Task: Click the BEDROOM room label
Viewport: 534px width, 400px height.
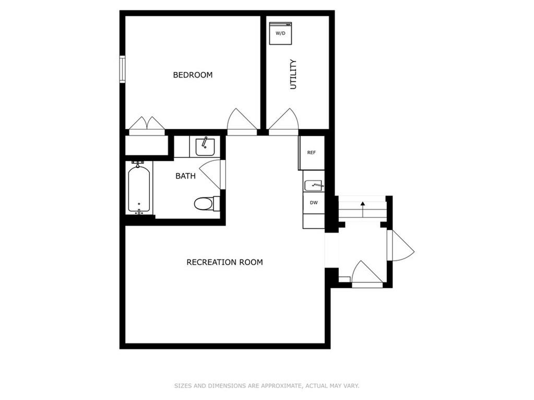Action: point(193,75)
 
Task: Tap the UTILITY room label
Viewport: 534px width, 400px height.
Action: point(293,75)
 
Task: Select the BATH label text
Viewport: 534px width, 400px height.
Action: point(186,176)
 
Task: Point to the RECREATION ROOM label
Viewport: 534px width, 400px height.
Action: point(225,262)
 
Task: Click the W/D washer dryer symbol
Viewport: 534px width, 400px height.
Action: point(281,33)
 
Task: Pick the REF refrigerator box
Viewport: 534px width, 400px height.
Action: point(312,153)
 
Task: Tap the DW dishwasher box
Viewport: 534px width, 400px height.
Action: point(314,203)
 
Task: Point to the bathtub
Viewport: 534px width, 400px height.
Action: point(139,188)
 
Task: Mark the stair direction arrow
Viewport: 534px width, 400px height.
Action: point(363,210)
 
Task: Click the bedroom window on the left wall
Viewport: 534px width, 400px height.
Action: point(122,69)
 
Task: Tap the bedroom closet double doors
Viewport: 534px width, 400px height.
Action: point(147,125)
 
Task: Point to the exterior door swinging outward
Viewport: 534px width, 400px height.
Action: point(402,246)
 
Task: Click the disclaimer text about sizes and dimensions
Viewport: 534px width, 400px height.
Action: point(267,386)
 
